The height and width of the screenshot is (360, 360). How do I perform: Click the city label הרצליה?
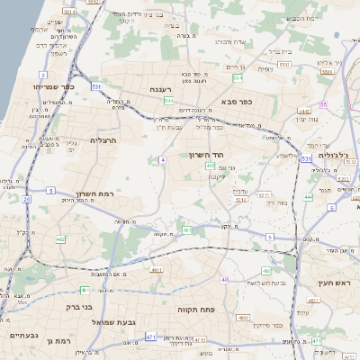point(104,139)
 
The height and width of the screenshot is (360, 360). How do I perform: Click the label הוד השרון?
point(205,156)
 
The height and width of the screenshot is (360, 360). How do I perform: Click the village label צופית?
point(265,68)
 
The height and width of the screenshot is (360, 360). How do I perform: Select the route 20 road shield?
point(26,199)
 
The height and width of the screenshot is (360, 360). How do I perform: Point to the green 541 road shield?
point(168,101)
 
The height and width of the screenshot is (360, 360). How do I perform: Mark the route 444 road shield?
point(309,195)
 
